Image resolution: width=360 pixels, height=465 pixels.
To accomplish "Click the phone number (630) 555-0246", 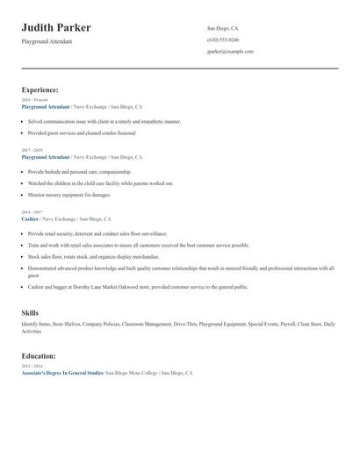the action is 222,39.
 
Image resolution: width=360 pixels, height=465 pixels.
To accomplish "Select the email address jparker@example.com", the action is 230,52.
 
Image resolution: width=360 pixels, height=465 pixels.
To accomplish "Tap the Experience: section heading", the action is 40,89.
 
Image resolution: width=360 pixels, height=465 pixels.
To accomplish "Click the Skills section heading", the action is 30,312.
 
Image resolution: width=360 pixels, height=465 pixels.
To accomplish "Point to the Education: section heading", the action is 39,356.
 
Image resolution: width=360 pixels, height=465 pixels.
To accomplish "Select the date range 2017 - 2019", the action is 32,150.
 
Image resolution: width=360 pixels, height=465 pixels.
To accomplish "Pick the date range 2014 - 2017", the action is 32,212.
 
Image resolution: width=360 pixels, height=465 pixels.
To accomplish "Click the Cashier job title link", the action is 30,218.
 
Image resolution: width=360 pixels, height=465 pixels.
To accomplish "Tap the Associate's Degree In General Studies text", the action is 61,373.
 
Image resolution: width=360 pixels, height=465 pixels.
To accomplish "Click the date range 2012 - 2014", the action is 32,367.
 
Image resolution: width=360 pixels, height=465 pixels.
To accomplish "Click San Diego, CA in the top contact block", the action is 222,28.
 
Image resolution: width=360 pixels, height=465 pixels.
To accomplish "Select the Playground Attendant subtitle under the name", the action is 47,41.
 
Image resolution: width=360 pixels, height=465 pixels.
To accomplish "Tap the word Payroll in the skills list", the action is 288,325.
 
